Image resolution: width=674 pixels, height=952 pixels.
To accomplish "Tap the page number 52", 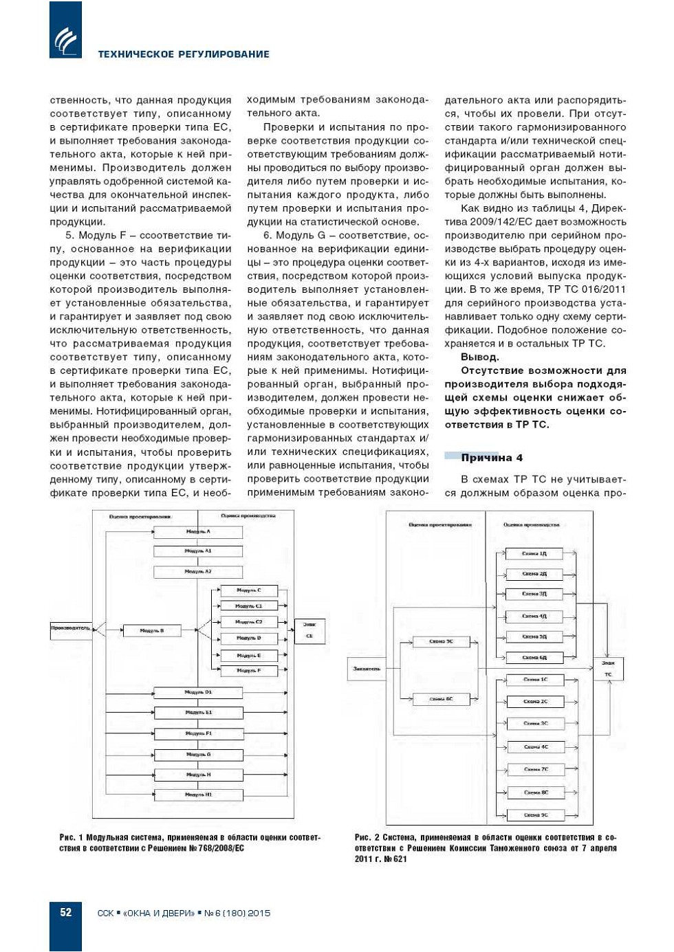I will (x=65, y=912).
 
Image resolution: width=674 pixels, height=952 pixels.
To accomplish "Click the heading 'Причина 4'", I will (x=491, y=458).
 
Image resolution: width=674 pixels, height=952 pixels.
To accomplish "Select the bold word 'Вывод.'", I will (x=480, y=357).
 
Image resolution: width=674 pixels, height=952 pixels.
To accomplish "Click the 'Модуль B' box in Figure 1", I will (x=151, y=630).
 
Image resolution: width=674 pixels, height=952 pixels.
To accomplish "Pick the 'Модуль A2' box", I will (x=198, y=571).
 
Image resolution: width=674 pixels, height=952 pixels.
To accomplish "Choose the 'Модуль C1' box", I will (x=248, y=606).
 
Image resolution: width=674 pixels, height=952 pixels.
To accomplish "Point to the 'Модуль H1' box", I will (x=198, y=795).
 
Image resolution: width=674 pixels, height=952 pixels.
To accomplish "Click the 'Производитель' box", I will (x=71, y=628).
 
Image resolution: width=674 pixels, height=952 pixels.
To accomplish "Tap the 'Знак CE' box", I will (x=309, y=630).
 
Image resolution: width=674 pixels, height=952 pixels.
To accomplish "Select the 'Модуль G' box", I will (x=198, y=755).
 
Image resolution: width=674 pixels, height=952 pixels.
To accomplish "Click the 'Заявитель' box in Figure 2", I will (x=367, y=668).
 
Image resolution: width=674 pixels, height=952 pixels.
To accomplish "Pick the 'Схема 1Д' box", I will (x=534, y=553).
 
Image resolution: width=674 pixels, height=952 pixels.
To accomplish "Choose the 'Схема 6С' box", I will (x=441, y=699).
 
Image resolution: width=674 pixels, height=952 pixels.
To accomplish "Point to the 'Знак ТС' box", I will (x=608, y=669).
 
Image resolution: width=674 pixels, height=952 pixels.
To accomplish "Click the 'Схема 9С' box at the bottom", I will (x=535, y=815).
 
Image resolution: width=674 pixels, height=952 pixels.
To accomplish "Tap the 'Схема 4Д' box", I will (x=534, y=616).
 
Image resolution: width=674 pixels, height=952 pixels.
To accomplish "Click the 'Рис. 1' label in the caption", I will (x=72, y=837).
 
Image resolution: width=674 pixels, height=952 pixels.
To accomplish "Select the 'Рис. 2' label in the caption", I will (x=367, y=837).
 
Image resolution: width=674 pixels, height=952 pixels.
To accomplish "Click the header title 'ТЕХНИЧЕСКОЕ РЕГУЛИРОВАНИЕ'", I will (x=184, y=54).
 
